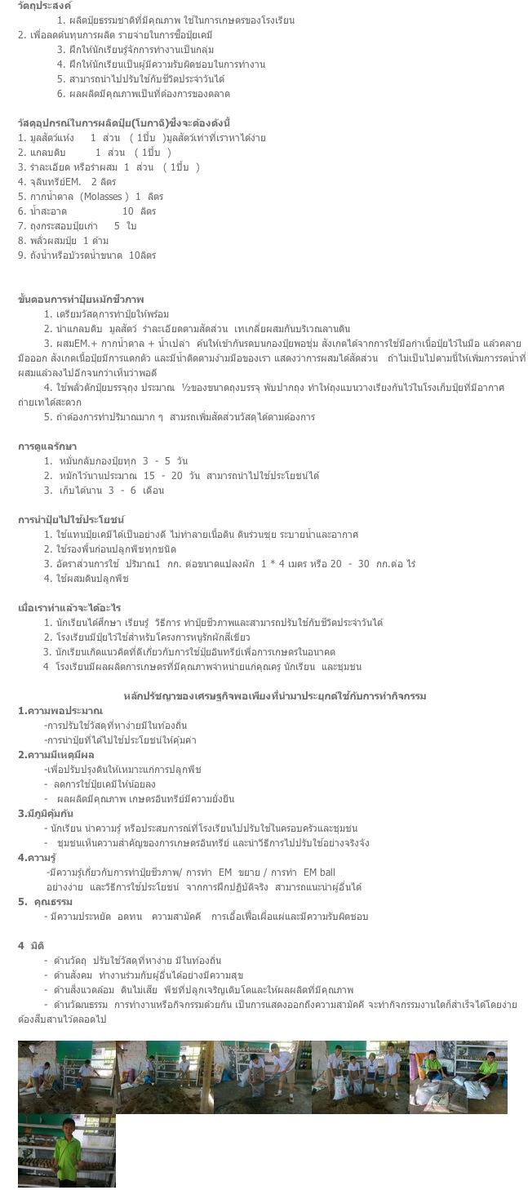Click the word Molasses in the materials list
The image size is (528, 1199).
coord(104,197)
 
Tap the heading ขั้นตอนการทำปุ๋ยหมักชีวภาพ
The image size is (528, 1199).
coord(81,300)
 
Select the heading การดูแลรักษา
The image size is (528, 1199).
coord(47,446)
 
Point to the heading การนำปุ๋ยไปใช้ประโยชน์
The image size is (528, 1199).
coord(71,520)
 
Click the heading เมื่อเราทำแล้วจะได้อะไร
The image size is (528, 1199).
coord(69,608)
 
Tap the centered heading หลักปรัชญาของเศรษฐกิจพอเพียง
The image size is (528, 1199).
coord(274,696)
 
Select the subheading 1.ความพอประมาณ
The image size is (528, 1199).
coord(60,711)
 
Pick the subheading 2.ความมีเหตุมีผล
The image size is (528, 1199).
coord(56,755)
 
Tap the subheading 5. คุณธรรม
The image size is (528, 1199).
coord(46,902)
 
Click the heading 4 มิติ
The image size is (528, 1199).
coord(31,945)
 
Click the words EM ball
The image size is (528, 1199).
coord(319,873)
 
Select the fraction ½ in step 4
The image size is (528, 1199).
coord(186,388)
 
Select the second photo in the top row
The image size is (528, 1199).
coord(164,1077)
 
